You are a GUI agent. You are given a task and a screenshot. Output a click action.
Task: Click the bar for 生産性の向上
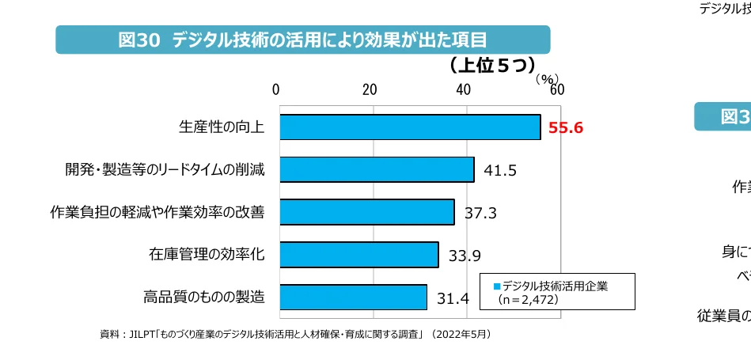[409, 127]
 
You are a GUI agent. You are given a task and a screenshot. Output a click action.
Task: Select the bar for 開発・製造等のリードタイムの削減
[376, 169]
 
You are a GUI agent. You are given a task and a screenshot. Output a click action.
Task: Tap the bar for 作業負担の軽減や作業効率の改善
[366, 212]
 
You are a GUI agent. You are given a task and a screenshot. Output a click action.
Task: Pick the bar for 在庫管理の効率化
[358, 255]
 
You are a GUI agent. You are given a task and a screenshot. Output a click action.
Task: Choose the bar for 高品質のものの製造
[352, 297]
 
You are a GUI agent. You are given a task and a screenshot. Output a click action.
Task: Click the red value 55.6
[565, 128]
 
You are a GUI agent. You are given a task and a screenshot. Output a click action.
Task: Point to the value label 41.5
[500, 171]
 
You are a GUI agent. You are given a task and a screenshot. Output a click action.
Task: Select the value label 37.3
[480, 214]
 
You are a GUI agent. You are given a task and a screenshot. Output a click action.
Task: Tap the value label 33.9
[465, 256]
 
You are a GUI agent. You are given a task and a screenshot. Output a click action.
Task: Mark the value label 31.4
[453, 299]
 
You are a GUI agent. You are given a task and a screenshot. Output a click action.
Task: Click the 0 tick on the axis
[276, 89]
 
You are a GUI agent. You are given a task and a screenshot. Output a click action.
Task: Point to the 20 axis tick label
[370, 89]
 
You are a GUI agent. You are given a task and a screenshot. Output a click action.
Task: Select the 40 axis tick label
[463, 89]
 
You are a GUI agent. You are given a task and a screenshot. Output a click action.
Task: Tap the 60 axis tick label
[556, 89]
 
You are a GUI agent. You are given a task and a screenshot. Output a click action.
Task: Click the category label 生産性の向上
[222, 127]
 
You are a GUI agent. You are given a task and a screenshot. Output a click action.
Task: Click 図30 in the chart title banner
[139, 40]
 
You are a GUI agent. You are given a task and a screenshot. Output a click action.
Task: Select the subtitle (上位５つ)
[492, 65]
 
